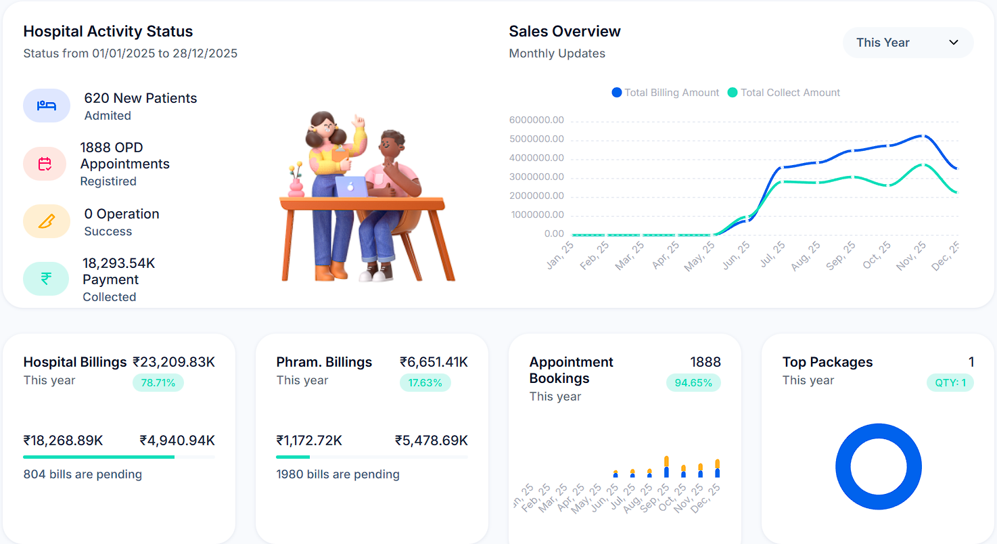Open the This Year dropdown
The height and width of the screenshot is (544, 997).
pos(907,43)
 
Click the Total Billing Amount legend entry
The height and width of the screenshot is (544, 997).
pos(665,93)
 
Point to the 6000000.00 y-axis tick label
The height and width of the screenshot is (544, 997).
pos(536,120)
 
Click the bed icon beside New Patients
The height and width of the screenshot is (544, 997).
pos(47,106)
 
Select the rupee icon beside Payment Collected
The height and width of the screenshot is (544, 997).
pos(46,279)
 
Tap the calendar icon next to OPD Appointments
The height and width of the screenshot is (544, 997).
pos(45,164)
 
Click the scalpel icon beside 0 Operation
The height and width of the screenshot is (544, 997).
pos(46,221)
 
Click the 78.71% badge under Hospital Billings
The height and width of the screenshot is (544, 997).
pos(158,383)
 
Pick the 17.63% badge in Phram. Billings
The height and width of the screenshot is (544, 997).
pos(425,383)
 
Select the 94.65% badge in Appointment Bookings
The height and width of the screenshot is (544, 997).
pos(693,383)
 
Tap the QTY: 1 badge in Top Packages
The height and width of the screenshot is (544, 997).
pos(950,383)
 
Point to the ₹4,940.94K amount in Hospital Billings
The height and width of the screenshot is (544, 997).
pos(177,440)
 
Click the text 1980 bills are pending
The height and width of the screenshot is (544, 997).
pos(338,474)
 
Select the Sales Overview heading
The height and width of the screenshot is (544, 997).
pos(564,32)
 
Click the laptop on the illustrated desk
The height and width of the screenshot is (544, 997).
pos(351,187)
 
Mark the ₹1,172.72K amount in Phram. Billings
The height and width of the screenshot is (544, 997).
pos(309,440)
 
